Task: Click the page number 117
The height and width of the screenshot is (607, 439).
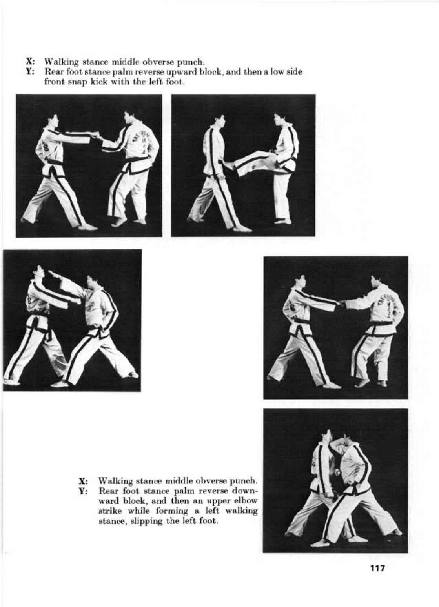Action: (377, 567)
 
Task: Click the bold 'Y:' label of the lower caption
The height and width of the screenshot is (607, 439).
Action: (83, 491)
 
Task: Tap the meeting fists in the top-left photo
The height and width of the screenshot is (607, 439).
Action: (95, 136)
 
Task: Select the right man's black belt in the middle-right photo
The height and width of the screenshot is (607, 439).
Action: (378, 324)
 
